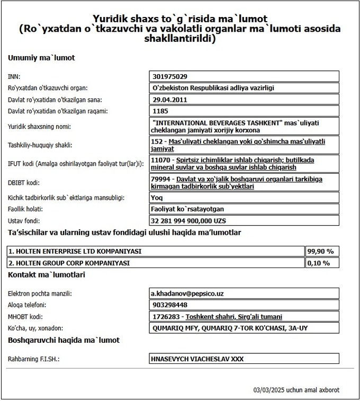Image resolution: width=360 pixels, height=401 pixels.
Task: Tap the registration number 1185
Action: (159, 111)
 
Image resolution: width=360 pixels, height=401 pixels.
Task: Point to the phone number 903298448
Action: (169, 305)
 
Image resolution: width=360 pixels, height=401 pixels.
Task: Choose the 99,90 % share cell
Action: (319, 251)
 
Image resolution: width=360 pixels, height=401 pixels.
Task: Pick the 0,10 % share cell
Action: (319, 263)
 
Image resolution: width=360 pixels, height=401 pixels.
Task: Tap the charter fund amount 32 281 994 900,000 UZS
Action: (189, 220)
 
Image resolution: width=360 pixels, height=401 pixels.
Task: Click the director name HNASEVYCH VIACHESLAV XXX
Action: (197, 359)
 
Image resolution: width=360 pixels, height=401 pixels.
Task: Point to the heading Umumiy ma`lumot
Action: (41, 58)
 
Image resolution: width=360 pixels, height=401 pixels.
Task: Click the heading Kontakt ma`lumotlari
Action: (47, 274)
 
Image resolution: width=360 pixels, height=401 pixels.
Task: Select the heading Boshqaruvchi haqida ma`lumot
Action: (64, 340)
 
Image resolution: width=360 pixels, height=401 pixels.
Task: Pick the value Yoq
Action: (157, 198)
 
